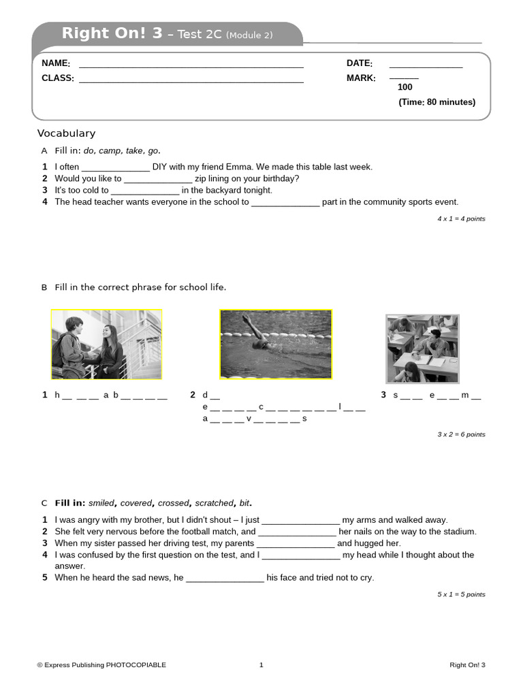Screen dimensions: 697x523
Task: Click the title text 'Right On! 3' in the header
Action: pyautogui.click(x=112, y=33)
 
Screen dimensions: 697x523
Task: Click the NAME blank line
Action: pyautogui.click(x=191, y=65)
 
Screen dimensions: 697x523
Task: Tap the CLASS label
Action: pyautogui.click(x=58, y=78)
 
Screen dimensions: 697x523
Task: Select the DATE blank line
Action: pyautogui.click(x=426, y=65)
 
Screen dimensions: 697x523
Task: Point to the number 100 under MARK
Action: pyautogui.click(x=405, y=87)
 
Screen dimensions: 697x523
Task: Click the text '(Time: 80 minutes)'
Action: pyautogui.click(x=437, y=102)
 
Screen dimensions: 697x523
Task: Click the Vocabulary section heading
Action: pyautogui.click(x=66, y=133)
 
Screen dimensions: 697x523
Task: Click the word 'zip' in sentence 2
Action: pyautogui.click(x=202, y=178)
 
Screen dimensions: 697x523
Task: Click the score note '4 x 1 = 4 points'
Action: pyautogui.click(x=461, y=218)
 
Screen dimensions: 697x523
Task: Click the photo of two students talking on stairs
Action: pyautogui.click(x=106, y=344)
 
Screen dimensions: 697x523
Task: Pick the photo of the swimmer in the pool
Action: pyautogui.click(x=275, y=344)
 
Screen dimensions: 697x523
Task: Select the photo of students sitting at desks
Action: pyautogui.click(x=422, y=348)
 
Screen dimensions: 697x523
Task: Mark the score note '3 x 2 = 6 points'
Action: pyautogui.click(x=461, y=434)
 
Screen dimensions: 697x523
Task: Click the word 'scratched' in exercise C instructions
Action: pyautogui.click(x=214, y=503)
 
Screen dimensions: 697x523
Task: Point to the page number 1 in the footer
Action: pyautogui.click(x=261, y=665)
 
